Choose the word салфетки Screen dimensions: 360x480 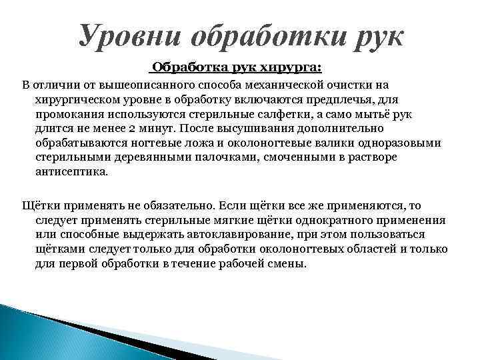[267, 115]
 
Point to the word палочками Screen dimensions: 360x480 [219, 158]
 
